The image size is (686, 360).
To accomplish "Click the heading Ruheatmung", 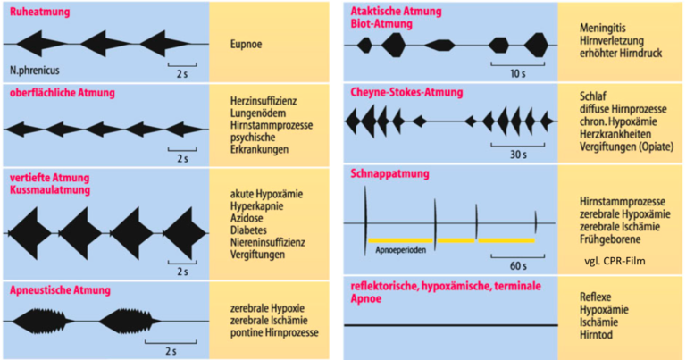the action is click(x=40, y=12).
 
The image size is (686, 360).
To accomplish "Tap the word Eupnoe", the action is click(x=246, y=44).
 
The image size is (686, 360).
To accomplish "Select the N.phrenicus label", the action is click(x=35, y=70).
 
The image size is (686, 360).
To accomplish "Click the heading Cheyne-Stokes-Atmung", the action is click(x=406, y=92).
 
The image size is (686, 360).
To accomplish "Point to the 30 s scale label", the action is click(x=518, y=155).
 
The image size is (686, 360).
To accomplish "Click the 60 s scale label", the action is click(x=518, y=265).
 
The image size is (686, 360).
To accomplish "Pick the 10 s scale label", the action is click(x=518, y=73).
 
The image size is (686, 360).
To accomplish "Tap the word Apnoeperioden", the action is click(x=400, y=250).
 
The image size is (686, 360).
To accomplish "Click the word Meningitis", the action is click(x=602, y=28).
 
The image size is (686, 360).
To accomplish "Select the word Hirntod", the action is click(x=596, y=335).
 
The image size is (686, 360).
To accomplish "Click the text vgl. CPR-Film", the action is click(x=615, y=261).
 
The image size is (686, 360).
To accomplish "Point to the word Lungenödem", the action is click(x=258, y=113).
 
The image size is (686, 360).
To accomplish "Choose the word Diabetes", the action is click(x=248, y=230).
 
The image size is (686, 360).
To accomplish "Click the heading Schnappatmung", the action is click(x=389, y=173).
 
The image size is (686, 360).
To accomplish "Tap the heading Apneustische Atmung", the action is click(x=60, y=290).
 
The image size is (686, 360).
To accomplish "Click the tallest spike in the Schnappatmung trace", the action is click(x=365, y=221).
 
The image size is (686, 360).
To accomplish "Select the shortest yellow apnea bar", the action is click(x=456, y=240).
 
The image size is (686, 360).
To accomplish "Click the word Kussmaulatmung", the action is click(x=50, y=190).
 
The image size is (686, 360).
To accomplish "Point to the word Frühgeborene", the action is click(x=610, y=239).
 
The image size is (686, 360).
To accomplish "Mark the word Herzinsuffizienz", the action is click(x=264, y=101).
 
